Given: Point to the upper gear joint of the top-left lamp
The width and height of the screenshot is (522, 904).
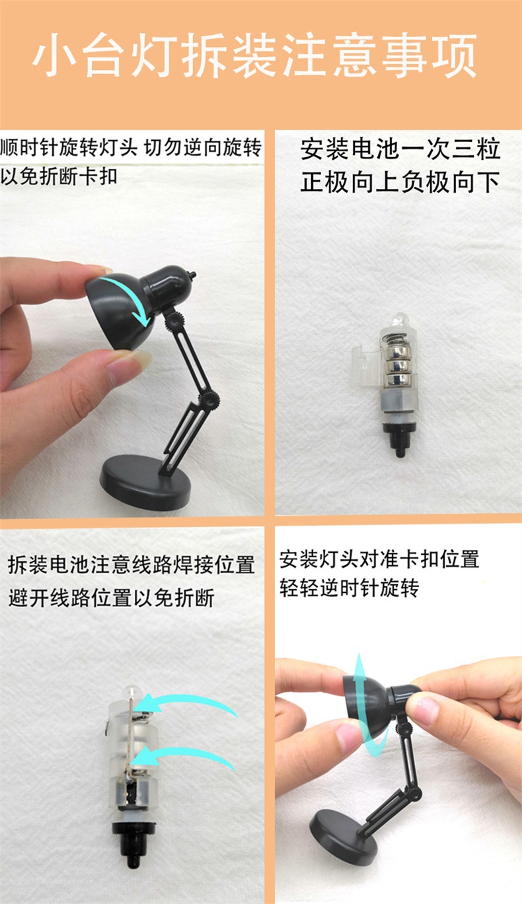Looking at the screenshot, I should click(x=174, y=320).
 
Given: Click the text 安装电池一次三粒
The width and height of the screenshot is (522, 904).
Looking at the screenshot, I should click(x=400, y=149).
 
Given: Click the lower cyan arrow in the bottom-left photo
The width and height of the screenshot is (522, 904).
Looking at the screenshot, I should click(x=188, y=756).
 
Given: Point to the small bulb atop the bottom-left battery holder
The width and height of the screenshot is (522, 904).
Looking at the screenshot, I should click(x=131, y=693).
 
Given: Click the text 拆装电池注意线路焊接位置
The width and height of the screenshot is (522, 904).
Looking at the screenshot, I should click(x=131, y=565).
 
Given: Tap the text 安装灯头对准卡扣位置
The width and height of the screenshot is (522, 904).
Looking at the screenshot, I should click(x=379, y=560).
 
